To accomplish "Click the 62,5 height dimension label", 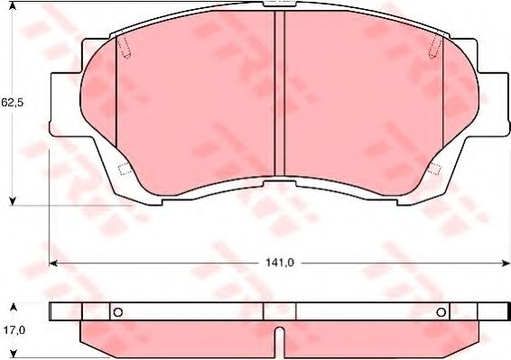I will pyautogui.click(x=12, y=103).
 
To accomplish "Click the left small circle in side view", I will pyautogui.click(x=116, y=312).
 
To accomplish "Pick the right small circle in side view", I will pyautogui.click(x=441, y=312).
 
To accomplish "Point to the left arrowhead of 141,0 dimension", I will pyautogui.click(x=52, y=263).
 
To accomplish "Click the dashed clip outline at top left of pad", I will pyautogui.click(x=125, y=48).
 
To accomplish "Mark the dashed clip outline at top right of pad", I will pyautogui.click(x=436, y=48).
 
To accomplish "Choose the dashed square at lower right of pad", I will pyautogui.click(x=434, y=169).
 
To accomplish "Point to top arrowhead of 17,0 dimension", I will pyautogui.click(x=13, y=307).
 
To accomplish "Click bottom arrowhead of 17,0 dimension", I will pyautogui.click(x=13, y=354).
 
